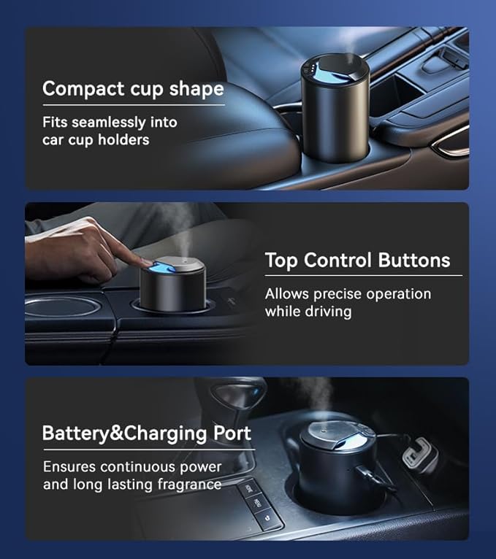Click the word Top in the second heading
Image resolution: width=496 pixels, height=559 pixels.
(281, 261)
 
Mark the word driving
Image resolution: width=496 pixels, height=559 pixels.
(328, 312)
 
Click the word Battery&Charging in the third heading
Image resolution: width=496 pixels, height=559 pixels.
(125, 433)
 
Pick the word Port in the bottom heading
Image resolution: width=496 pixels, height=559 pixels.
(232, 433)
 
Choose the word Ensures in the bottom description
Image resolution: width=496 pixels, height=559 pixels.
(69, 466)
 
